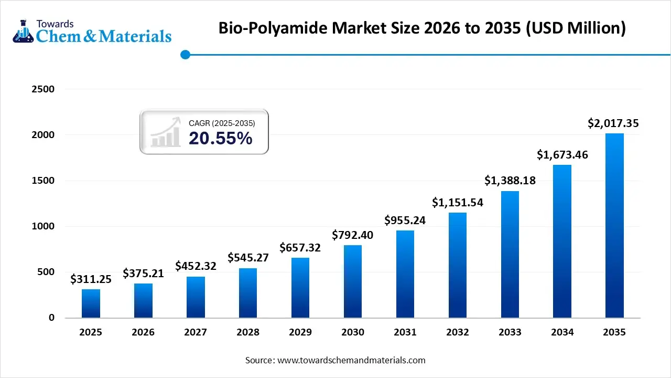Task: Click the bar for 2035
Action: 614,226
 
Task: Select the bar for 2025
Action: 91,303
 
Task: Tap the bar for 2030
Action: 353,281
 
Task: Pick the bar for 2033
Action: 510,255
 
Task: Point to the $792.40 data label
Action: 353,235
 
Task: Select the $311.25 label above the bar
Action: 91,279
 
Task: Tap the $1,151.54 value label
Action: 457,202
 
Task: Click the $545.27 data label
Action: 248,258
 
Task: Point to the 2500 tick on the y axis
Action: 44,89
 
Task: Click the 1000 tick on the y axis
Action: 44,226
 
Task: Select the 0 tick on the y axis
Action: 51,318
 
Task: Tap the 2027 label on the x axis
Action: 196,332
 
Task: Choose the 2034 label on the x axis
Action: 562,332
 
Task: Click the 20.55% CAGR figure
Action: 220,138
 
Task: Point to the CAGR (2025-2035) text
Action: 222,123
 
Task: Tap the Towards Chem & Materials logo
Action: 92,31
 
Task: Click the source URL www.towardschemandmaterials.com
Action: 351,360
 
